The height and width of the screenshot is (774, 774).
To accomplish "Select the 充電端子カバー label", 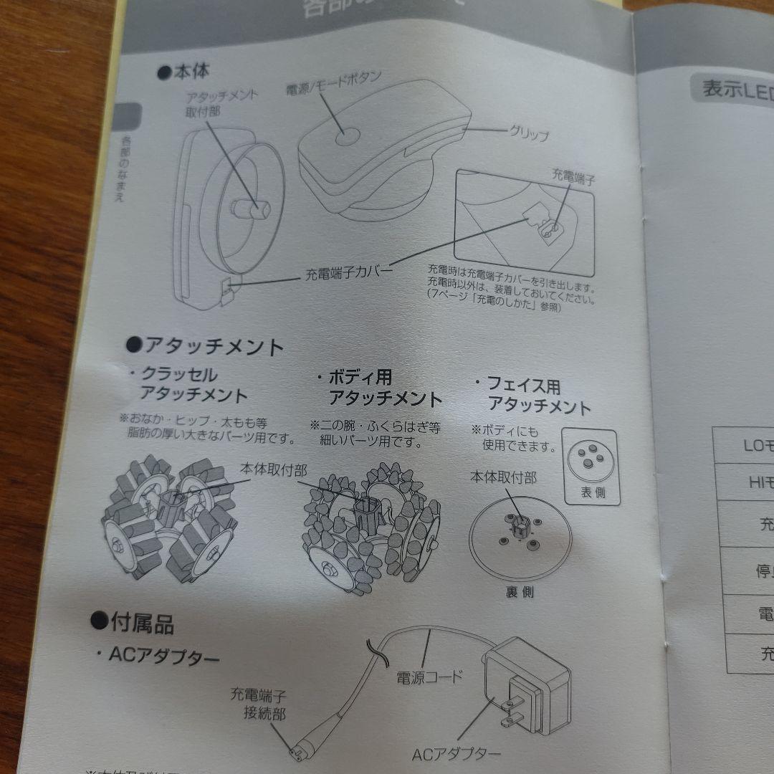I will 348,273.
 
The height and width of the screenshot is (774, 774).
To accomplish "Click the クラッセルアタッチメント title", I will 188,385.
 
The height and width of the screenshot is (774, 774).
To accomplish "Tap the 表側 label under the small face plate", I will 590,493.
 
